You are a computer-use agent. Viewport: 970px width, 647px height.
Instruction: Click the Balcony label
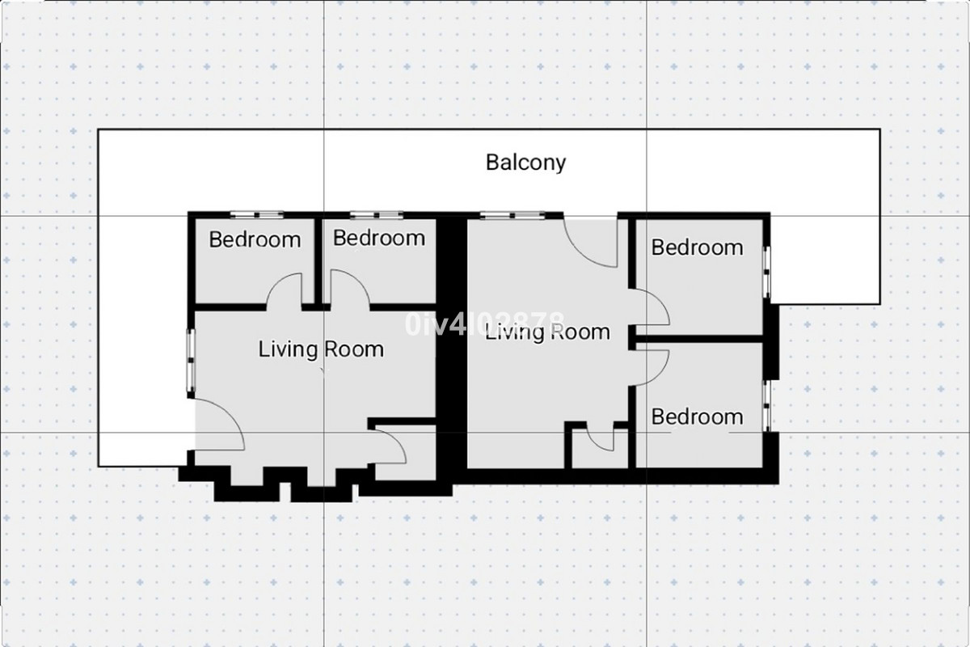pos(525,162)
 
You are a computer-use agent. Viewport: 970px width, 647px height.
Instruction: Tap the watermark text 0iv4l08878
pos(485,324)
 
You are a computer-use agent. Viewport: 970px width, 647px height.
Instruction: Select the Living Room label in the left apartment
pos(321,349)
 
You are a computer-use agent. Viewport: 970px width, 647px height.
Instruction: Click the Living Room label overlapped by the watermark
pos(547,332)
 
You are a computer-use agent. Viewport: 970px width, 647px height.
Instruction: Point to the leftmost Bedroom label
pos(255,239)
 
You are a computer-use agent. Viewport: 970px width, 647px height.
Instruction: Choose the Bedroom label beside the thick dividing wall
pos(378,238)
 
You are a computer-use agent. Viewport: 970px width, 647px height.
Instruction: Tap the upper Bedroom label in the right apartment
pos(697,247)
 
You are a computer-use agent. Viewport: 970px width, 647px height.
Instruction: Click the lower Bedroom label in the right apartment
pos(697,417)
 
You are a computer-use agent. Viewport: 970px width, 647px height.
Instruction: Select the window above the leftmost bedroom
pos(255,215)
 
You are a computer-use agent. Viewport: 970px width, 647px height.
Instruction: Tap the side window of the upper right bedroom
pos(768,272)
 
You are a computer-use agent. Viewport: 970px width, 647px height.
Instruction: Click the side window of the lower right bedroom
pos(768,404)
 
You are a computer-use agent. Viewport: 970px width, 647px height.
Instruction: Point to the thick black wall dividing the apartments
pos(452,348)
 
